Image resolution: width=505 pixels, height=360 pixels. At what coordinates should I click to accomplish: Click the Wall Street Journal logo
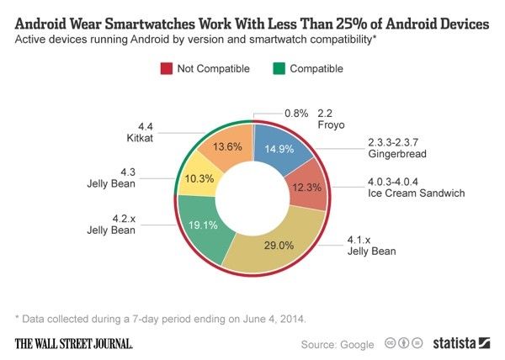pos(74,342)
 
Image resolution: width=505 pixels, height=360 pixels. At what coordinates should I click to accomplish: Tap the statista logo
pos(461,342)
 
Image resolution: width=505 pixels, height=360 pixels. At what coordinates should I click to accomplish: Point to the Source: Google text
pos(338,343)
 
